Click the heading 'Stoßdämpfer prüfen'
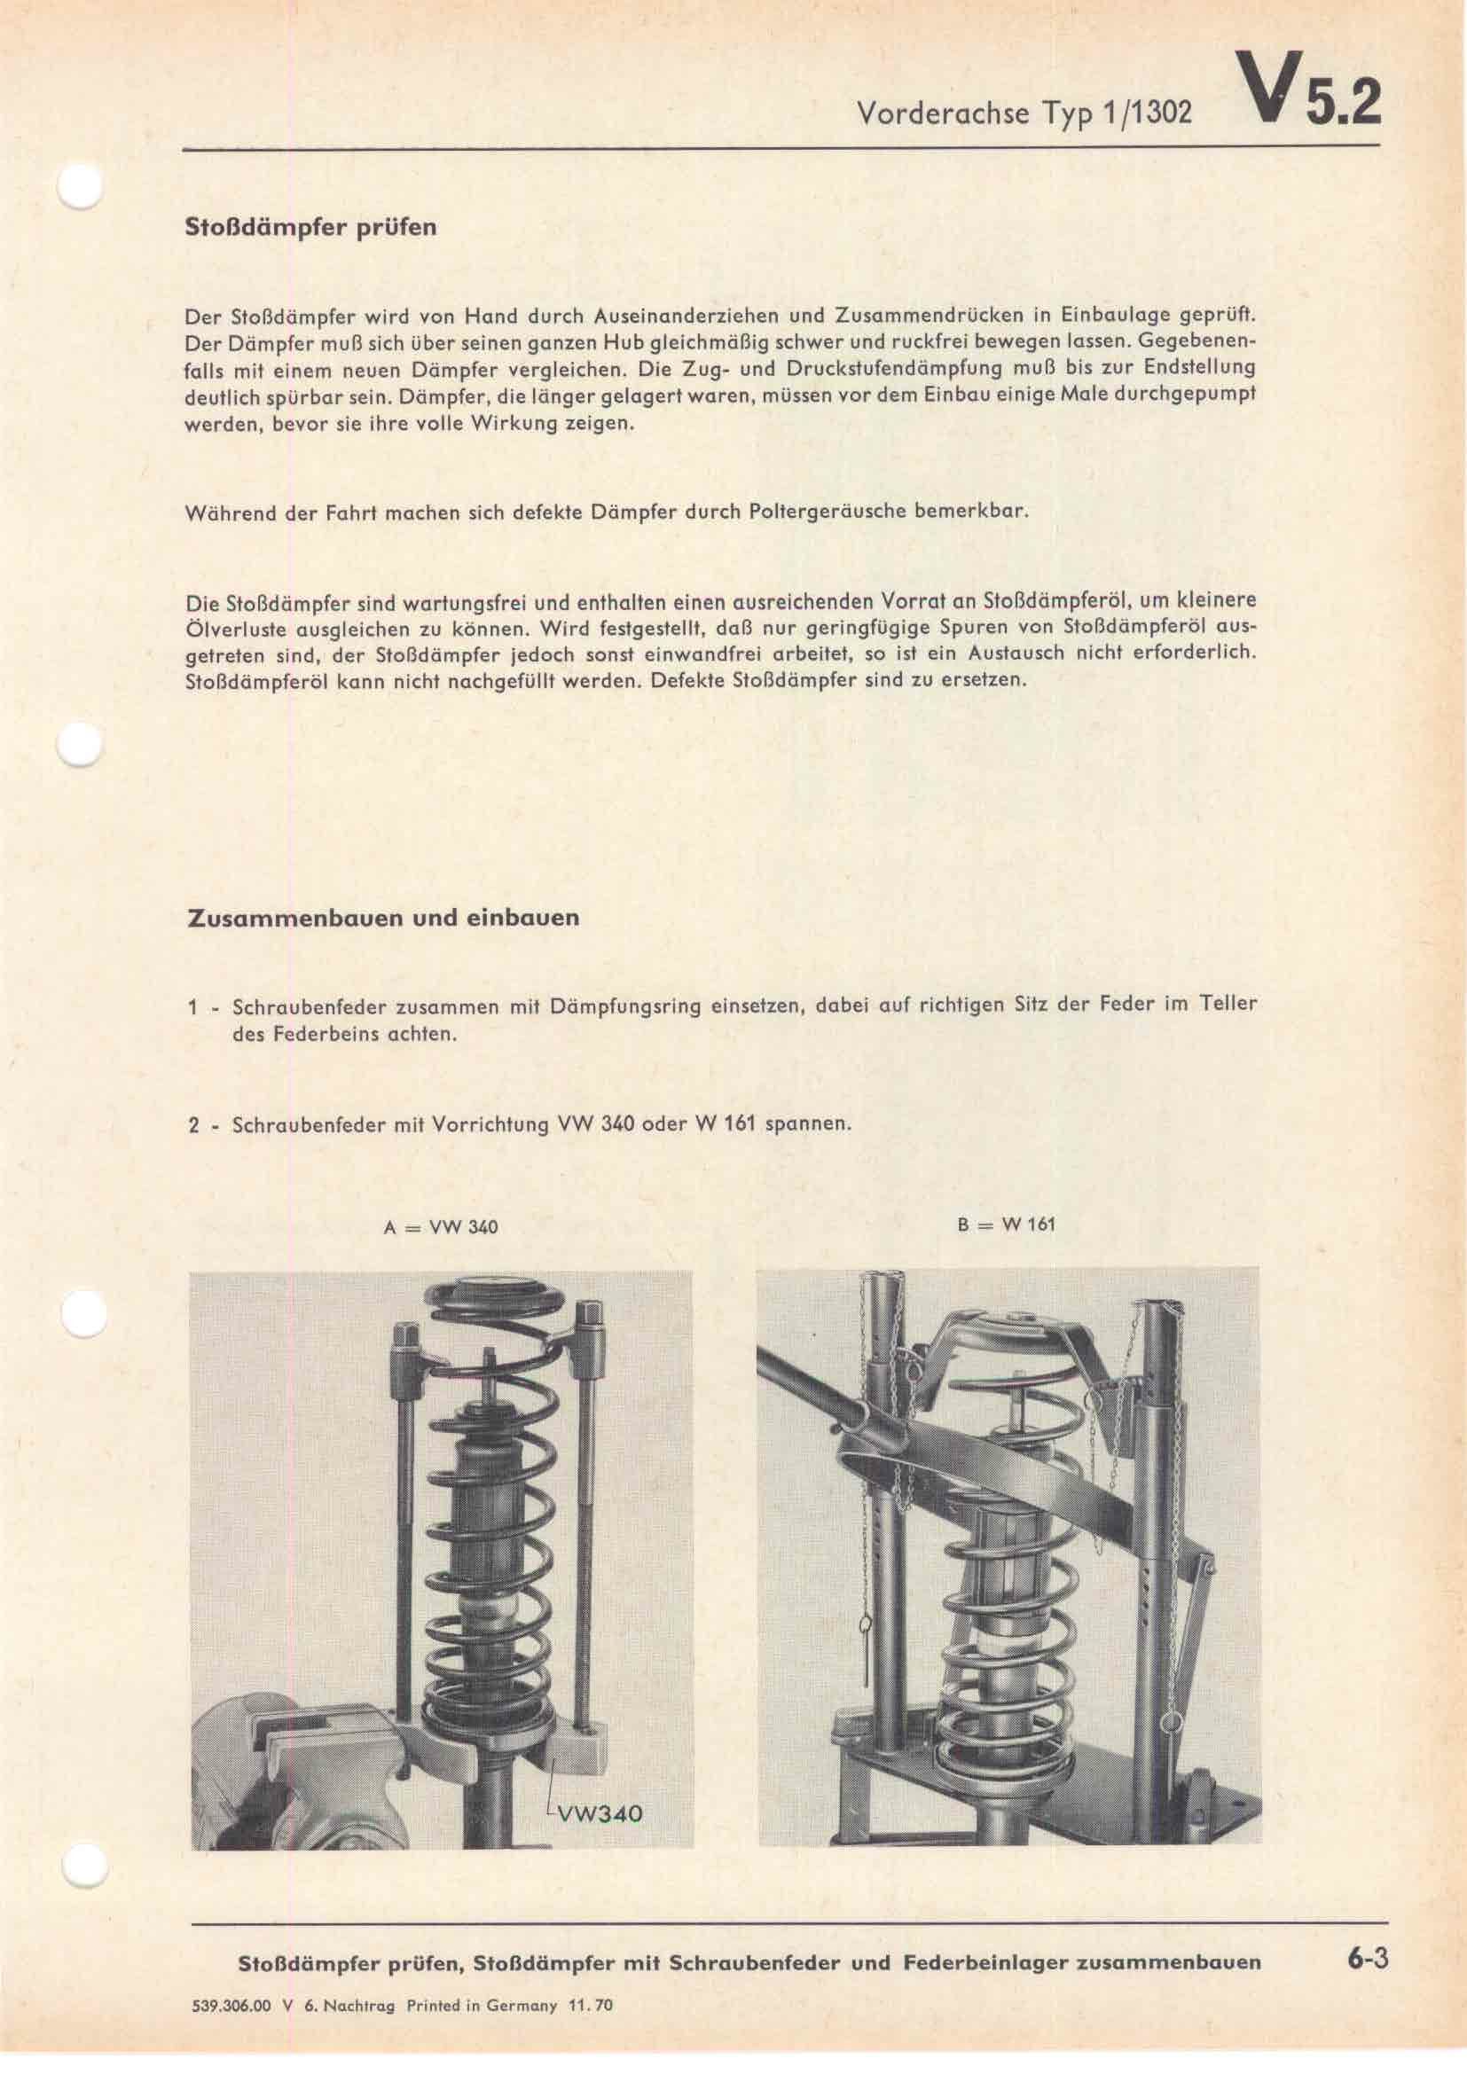pyautogui.click(x=310, y=227)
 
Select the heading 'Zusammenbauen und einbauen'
pyautogui.click(x=382, y=918)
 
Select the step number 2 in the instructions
pyautogui.click(x=194, y=1125)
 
